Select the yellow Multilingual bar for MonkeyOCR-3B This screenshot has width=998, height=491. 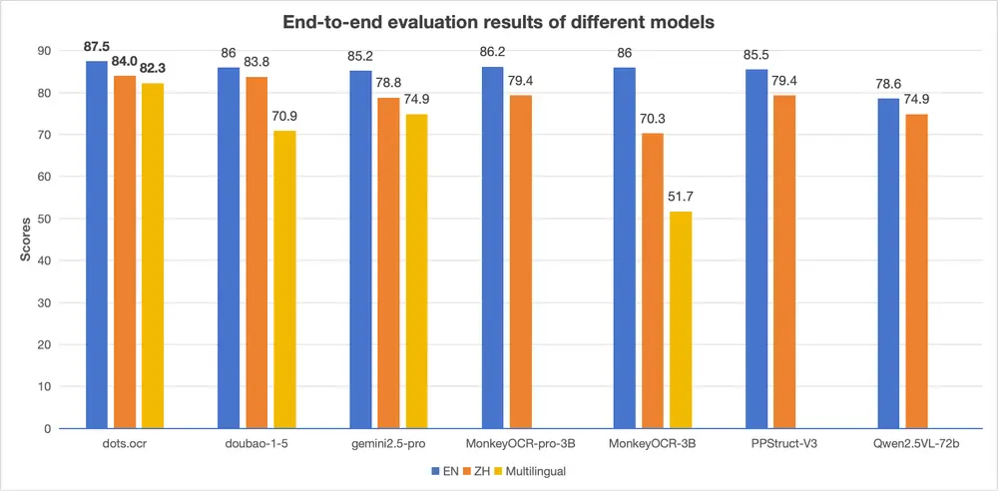(x=681, y=319)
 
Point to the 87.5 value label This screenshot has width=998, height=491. (x=97, y=46)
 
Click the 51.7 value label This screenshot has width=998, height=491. (x=681, y=197)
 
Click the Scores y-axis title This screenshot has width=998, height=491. (x=25, y=240)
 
